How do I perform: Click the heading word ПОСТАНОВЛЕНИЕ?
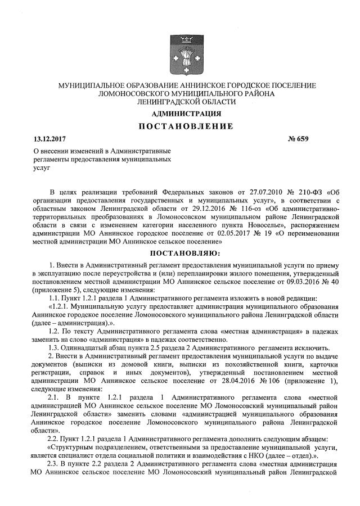tap(186, 126)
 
